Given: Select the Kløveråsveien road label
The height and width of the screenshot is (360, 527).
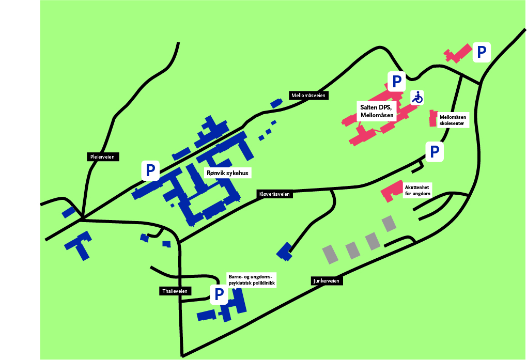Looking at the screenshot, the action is pos(274,194).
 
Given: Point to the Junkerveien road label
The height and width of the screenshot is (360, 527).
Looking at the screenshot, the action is pos(327,281).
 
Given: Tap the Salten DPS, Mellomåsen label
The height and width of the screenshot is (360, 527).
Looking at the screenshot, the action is pos(377,112).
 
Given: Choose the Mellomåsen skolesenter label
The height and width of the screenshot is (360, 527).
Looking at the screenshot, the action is pos(453,120).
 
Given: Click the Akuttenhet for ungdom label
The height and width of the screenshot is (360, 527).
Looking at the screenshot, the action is pos(418,190).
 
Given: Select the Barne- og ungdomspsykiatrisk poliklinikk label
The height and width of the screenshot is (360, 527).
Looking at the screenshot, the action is pos(252,280).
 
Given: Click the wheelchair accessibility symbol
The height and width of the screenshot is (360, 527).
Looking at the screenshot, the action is pos(417,97).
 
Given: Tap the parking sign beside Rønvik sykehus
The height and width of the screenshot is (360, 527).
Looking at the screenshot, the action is pos(150,170).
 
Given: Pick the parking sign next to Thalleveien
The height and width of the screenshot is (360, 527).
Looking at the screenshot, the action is pos(219,294).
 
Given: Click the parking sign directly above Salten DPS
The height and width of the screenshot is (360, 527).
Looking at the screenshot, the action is pos(397,81).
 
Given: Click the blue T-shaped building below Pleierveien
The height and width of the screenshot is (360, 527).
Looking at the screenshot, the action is pos(79,245).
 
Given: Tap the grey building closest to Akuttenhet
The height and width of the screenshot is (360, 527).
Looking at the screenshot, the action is pos(389,223).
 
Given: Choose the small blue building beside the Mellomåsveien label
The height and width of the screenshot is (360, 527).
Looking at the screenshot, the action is pos(276,103).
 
